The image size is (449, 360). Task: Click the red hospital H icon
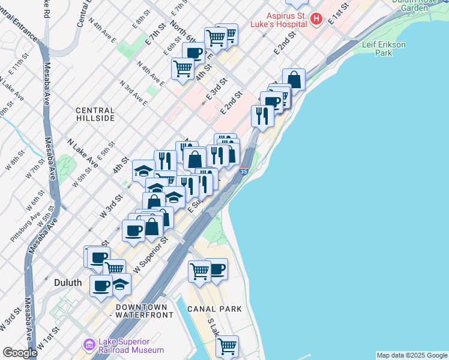pyautogui.click(x=317, y=19)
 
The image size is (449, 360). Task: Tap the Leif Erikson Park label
pyautogui.click(x=385, y=49)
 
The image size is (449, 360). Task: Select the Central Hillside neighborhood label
pyautogui.click(x=95, y=114)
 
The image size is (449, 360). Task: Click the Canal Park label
pyautogui.click(x=214, y=309)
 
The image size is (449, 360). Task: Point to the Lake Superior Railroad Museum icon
pyautogui.click(x=89, y=344)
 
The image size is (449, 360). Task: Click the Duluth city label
pyautogui.click(x=68, y=281)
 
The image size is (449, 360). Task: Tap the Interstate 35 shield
pyautogui.click(x=243, y=171)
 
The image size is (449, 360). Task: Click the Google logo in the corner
pyautogui.click(x=20, y=353)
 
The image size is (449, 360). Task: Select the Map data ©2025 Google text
pyautogui.click(x=412, y=355)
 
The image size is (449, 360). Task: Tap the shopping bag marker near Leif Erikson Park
pyautogui.click(x=294, y=79)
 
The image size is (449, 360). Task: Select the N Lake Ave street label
pyautogui.click(x=83, y=153)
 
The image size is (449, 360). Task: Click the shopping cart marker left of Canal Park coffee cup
pyautogui.click(x=199, y=270)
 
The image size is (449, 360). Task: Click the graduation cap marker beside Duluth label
pyautogui.click(x=120, y=284)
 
